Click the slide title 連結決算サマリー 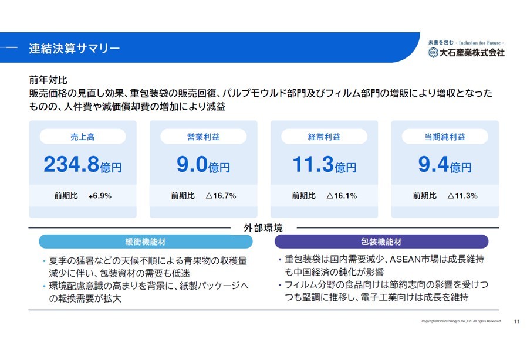[75, 48]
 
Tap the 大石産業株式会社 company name [472, 52]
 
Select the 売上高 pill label [83, 137]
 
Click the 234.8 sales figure [72, 164]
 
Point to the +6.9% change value [100, 196]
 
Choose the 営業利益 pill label [203, 137]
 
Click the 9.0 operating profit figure [192, 164]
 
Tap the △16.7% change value [221, 196]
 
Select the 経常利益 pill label [324, 137]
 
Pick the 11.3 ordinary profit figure [313, 164]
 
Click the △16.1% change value [342, 196]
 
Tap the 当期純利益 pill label [445, 137]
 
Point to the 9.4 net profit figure [434, 164]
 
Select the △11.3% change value [462, 196]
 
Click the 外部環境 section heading [263, 228]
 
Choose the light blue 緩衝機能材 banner [146, 242]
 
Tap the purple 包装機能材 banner [381, 242]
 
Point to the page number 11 [517, 321]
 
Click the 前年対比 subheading [48, 80]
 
